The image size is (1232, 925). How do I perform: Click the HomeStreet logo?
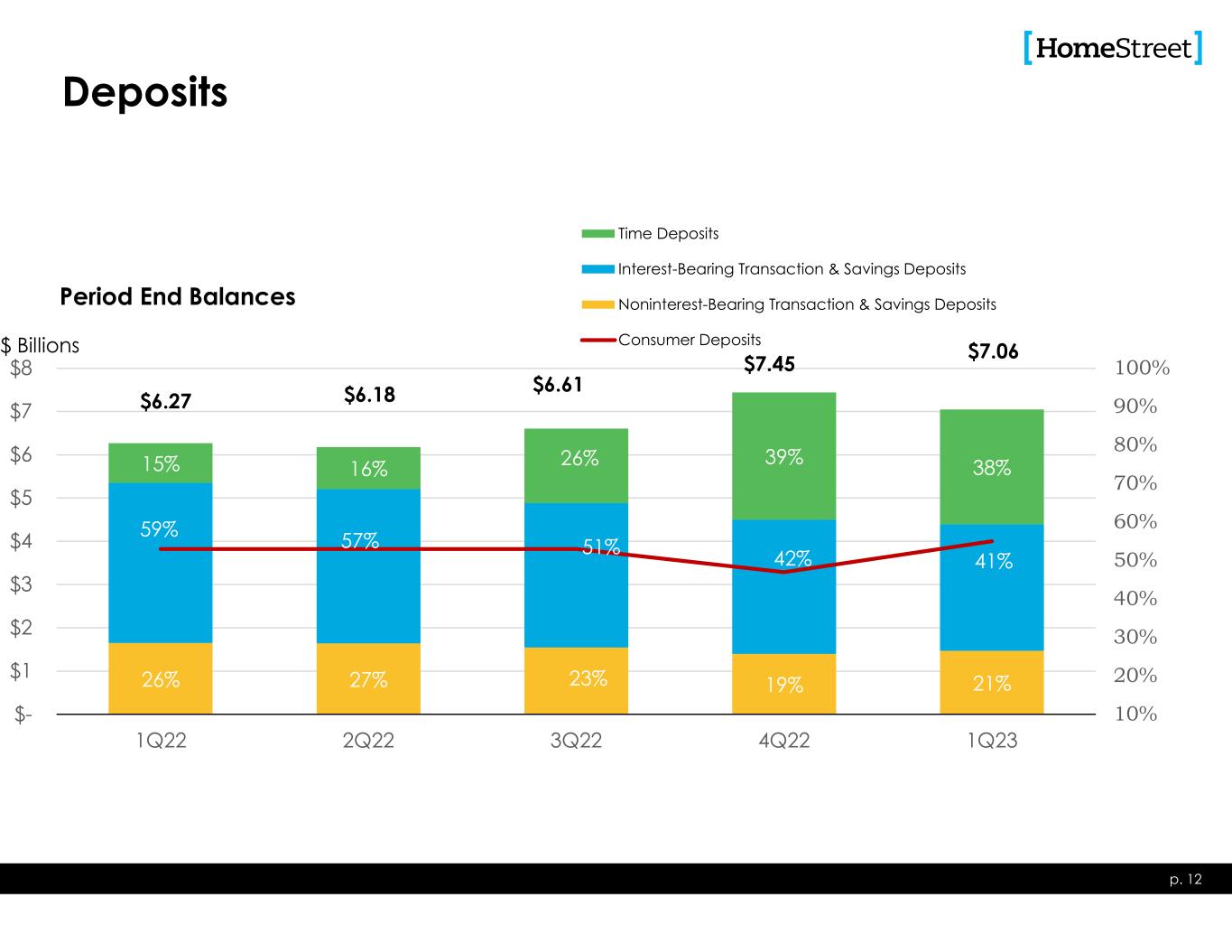click(x=1113, y=48)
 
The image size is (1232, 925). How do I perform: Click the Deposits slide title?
click(x=144, y=92)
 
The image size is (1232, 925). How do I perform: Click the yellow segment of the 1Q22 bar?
click(x=161, y=678)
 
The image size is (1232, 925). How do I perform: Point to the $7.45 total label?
click(x=769, y=364)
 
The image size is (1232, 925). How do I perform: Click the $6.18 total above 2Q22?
click(x=369, y=395)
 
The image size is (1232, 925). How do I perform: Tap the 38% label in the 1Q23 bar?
click(x=991, y=468)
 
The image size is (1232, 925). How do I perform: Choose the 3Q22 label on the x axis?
click(x=577, y=742)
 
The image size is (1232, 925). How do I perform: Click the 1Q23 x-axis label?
click(x=992, y=742)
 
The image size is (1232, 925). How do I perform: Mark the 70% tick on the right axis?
click(x=1136, y=483)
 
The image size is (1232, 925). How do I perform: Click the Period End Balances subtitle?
click(x=177, y=297)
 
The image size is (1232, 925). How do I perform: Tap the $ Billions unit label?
click(x=40, y=346)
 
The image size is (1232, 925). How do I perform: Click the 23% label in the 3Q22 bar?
click(x=588, y=678)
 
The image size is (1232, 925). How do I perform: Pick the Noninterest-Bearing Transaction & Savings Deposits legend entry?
click(x=807, y=304)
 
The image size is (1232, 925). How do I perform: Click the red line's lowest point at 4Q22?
click(x=783, y=572)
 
